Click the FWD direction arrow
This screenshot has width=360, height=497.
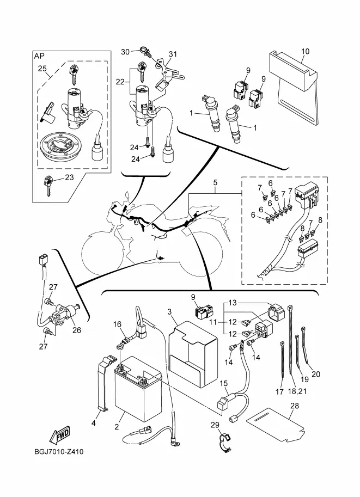click(x=59, y=434)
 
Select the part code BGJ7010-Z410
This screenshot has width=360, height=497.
click(x=59, y=452)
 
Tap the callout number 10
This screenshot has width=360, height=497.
click(x=305, y=51)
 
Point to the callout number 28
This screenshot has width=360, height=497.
click(x=295, y=406)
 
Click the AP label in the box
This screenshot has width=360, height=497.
click(x=39, y=56)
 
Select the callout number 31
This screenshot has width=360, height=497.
click(x=173, y=54)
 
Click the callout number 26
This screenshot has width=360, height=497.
click(x=77, y=330)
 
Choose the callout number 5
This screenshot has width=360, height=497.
click(x=215, y=182)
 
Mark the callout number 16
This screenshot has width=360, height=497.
click(x=117, y=324)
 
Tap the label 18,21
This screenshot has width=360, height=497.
click(x=297, y=391)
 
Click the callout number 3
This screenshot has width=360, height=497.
click(x=169, y=311)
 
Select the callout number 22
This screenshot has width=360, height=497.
click(x=120, y=82)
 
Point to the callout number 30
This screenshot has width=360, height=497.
click(x=126, y=51)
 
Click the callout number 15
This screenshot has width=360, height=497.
click(x=224, y=383)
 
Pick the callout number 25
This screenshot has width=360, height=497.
click(x=42, y=68)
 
